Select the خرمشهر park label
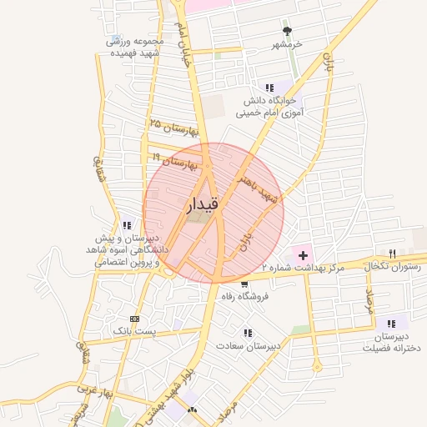286,43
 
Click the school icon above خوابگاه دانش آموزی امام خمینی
269,87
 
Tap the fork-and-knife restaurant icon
391,253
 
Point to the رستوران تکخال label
392,267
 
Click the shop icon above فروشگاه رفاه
244,284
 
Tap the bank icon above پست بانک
135,319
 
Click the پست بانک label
135,332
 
